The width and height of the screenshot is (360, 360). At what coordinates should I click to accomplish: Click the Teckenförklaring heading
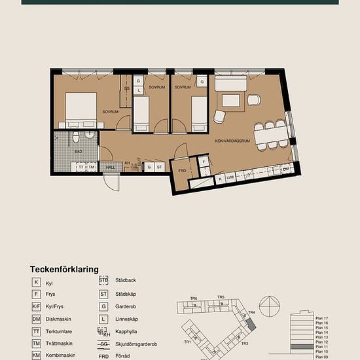point(64,269)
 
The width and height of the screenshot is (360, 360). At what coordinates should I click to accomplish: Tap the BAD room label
point(79,151)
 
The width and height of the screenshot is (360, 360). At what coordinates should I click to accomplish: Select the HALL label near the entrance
point(110,167)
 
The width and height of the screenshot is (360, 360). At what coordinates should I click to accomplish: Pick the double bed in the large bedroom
point(81,107)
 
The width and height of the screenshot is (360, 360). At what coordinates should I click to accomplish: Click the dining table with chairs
point(270,135)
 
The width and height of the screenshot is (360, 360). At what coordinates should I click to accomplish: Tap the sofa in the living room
point(231,84)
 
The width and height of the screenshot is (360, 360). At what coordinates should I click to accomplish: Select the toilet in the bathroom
point(76,136)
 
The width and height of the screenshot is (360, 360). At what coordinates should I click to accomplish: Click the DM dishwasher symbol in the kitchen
point(285,168)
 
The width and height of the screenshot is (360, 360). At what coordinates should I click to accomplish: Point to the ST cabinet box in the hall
point(159,168)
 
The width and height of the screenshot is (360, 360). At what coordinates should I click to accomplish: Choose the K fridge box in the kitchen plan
point(221,177)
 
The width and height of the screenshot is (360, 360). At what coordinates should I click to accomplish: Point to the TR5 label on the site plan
point(221,298)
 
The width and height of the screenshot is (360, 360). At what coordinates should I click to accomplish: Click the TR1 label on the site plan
point(188,342)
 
